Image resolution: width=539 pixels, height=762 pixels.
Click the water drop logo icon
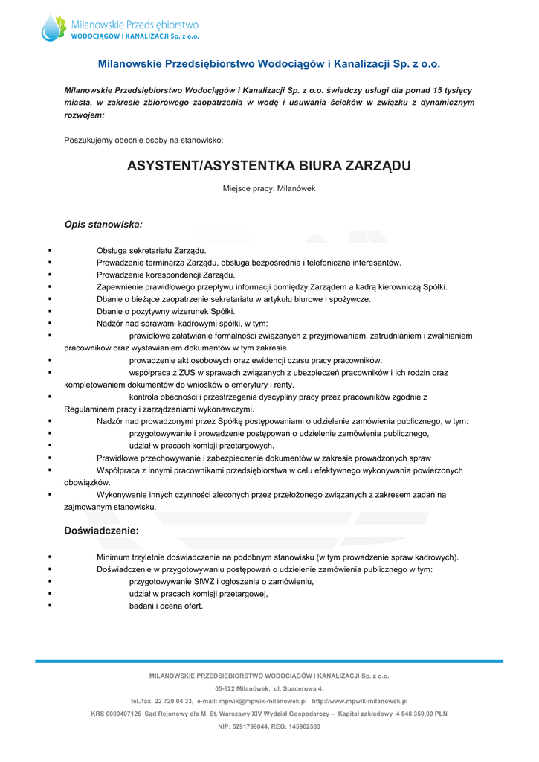point(54,28)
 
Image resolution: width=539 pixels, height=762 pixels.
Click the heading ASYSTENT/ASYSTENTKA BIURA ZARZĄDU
point(269,165)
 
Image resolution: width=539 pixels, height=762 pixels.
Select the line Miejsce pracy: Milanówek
point(269,188)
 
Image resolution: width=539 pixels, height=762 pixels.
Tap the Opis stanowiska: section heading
point(103,223)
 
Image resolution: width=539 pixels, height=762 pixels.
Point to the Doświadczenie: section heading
point(101,531)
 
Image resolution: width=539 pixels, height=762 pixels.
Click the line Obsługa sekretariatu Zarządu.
point(152,251)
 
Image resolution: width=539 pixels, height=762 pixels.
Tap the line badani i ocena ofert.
point(166,606)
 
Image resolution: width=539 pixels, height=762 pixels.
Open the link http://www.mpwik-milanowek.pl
point(360,701)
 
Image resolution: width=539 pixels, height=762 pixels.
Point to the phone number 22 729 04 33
point(174,701)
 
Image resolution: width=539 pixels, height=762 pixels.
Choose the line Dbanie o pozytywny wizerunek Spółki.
point(166,311)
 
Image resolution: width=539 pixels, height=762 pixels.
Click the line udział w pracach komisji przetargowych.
point(201,445)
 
